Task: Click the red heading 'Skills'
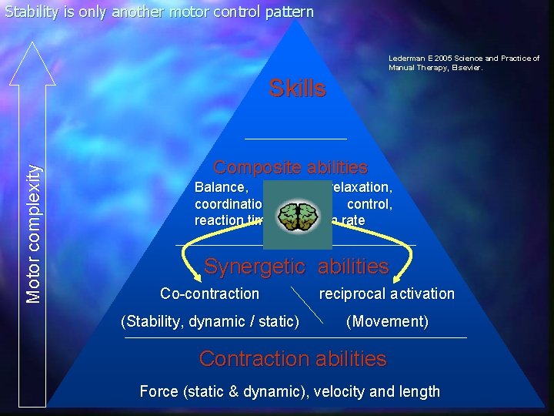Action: [297, 89]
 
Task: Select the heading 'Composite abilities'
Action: [290, 167]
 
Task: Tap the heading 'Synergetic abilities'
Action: [296, 267]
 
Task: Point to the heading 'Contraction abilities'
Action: [292, 358]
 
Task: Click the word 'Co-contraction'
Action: [209, 294]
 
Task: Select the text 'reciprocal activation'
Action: [386, 294]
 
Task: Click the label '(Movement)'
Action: [387, 320]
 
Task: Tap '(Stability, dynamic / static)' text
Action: [210, 320]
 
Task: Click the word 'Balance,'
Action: [222, 187]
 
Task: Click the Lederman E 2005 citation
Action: [463, 62]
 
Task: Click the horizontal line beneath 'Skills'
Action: [295, 138]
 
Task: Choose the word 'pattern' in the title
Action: [289, 12]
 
